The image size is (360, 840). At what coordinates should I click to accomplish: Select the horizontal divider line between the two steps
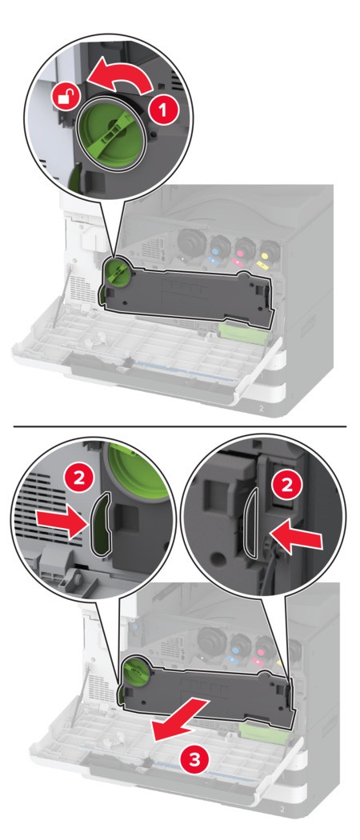click(180, 426)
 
